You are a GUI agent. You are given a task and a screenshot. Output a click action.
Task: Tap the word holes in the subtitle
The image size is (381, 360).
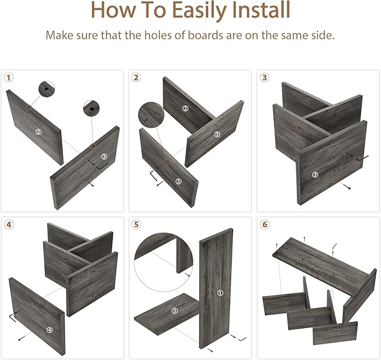[159, 35]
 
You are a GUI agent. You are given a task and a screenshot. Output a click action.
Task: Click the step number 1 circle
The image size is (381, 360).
[9, 78]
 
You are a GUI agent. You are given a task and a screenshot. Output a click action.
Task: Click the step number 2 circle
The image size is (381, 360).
[136, 77]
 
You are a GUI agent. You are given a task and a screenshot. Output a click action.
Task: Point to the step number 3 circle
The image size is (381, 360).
[264, 77]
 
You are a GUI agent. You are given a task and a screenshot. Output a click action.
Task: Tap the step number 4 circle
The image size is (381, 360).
[9, 224]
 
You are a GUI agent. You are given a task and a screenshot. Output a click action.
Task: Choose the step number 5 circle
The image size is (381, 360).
[136, 224]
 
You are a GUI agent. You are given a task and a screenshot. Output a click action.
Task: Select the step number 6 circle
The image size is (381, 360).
[265, 224]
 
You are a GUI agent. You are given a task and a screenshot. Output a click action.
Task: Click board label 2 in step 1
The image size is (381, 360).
[38, 132]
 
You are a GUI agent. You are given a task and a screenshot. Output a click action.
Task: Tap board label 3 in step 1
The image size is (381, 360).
[104, 156]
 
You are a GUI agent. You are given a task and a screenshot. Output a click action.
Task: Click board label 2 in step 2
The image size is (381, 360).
[185, 108]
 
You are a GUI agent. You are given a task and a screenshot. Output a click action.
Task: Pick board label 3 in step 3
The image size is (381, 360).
[315, 174]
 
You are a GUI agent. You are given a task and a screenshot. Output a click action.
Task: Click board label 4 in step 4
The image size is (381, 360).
[49, 330]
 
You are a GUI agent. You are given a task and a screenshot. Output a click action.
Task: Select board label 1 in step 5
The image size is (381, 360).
[220, 293]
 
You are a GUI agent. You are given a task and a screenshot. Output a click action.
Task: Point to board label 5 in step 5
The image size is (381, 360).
[175, 311]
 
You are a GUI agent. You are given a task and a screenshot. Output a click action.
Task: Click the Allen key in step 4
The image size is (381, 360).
[13, 315]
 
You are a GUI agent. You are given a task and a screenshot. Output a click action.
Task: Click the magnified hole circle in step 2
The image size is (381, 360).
[151, 114]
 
